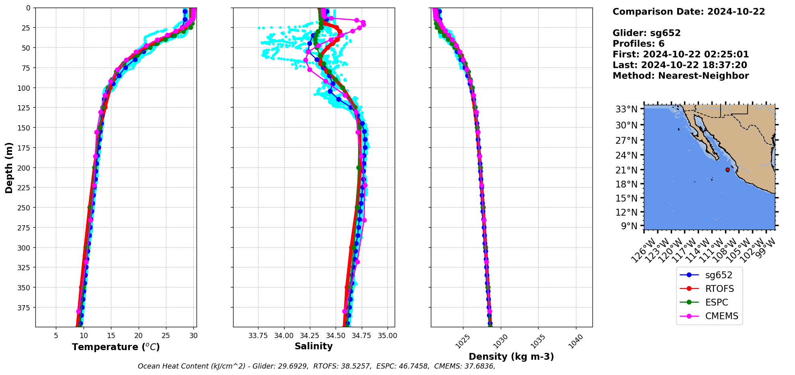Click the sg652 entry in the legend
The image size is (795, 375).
[719, 275]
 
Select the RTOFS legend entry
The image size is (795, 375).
[719, 289]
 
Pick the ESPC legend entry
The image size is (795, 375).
[717, 302]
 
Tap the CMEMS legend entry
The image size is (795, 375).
[721, 316]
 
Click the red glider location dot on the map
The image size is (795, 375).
[727, 170]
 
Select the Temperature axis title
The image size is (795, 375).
[116, 347]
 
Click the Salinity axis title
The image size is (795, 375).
[313, 346]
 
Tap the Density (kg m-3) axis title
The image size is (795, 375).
[511, 357]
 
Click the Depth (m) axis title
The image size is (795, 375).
[9, 167]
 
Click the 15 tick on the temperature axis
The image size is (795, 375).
[111, 336]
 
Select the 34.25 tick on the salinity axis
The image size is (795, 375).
[309, 336]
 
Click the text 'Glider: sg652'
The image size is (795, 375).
[646, 33]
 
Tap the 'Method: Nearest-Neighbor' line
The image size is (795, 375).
[680, 76]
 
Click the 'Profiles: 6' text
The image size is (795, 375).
[638, 44]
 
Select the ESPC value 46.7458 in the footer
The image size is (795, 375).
[412, 366]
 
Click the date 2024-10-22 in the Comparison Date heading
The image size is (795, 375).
[736, 12]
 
